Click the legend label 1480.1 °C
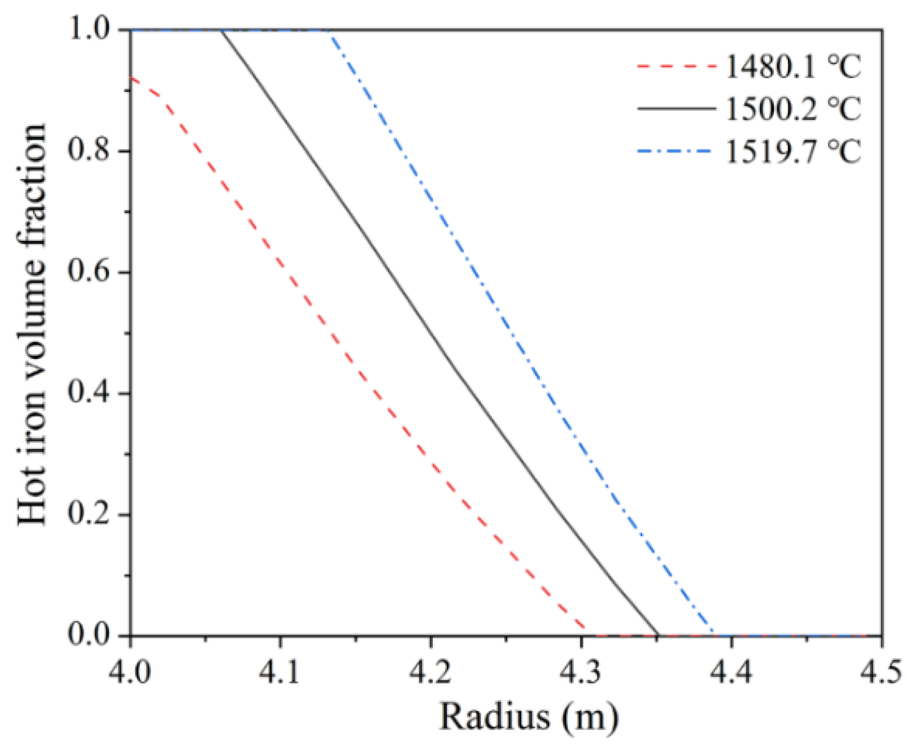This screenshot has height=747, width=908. coord(793,66)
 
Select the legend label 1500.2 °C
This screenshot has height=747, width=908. coord(793,108)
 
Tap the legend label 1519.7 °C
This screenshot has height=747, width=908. coord(793,152)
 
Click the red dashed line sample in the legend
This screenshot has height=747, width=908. coord(676,66)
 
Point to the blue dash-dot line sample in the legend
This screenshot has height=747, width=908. coord(676,152)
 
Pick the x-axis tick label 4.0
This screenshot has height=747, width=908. coord(131,673)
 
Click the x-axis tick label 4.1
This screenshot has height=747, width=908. coord(281,673)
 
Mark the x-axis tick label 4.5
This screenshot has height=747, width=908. coord(880,673)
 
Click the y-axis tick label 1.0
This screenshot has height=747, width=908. coord(89,30)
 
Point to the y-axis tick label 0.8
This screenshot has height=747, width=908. coord(89,151)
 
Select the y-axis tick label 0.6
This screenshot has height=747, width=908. coord(89,272)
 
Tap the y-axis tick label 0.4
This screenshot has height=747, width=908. coord(89,393)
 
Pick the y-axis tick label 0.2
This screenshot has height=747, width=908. coord(89,514)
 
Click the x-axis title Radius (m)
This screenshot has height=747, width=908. coord(528,716)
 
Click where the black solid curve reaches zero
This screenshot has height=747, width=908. coord(658,635)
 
